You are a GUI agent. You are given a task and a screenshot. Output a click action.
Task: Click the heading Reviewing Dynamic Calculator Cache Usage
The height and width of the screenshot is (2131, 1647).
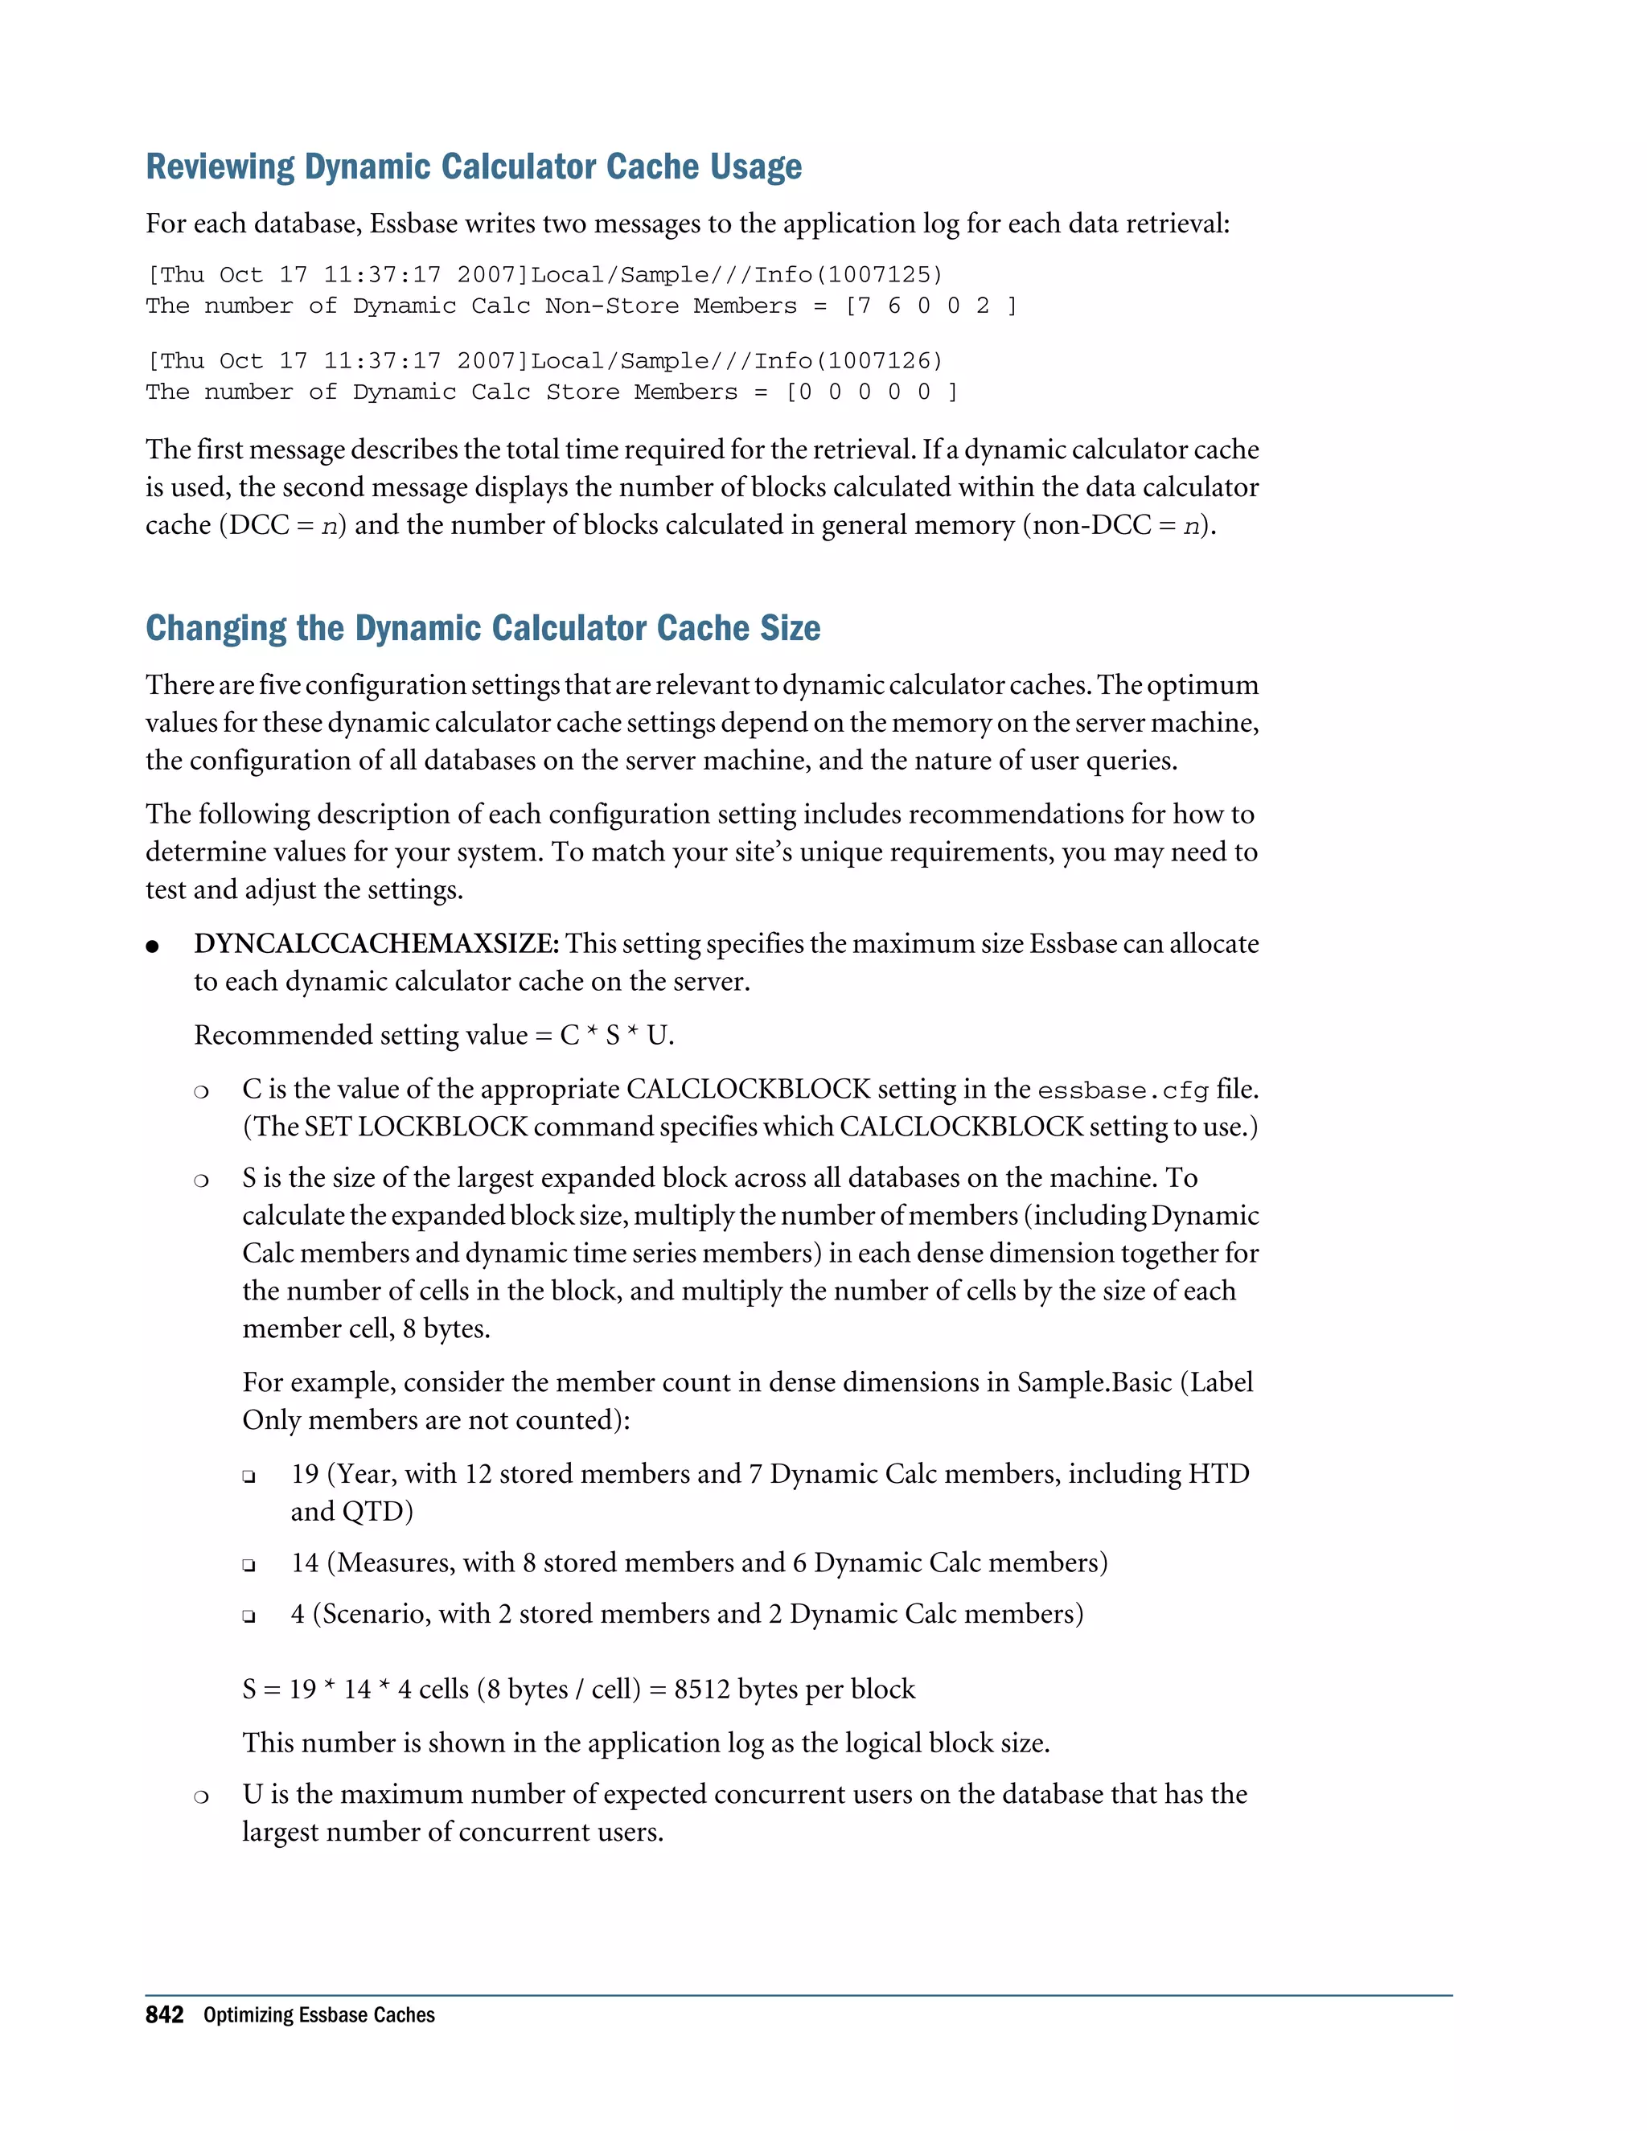(473, 166)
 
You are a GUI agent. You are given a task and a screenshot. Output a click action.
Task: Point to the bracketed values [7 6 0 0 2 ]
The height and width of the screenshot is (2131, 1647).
(930, 306)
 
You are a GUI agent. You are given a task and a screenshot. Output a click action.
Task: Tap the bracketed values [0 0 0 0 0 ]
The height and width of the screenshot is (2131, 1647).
(871, 392)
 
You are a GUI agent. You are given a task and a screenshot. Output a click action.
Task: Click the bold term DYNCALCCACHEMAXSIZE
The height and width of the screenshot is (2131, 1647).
(375, 945)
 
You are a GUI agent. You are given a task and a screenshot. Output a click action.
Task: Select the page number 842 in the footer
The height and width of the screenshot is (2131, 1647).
(164, 2016)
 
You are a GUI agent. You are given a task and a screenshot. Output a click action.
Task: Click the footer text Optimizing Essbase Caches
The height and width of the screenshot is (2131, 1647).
(319, 2016)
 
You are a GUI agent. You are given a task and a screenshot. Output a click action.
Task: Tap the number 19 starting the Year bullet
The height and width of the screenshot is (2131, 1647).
(306, 1474)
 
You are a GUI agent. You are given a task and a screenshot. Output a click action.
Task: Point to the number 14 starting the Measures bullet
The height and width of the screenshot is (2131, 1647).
(306, 1563)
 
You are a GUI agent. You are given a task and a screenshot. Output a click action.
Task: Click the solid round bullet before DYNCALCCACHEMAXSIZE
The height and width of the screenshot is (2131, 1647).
(152, 946)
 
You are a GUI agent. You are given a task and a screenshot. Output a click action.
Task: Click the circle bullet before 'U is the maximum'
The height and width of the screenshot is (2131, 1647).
(201, 1796)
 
